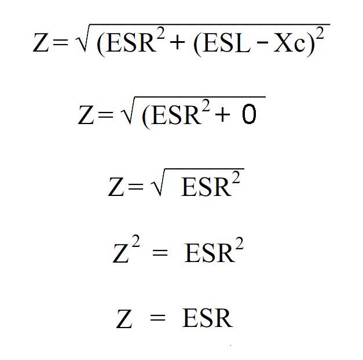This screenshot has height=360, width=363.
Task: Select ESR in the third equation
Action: (x=205, y=187)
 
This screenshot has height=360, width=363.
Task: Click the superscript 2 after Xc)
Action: (x=324, y=31)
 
